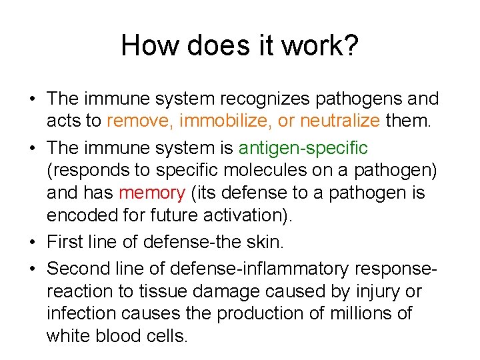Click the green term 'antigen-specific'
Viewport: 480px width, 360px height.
tap(303, 147)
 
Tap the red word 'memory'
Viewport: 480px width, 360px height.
tap(151, 193)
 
